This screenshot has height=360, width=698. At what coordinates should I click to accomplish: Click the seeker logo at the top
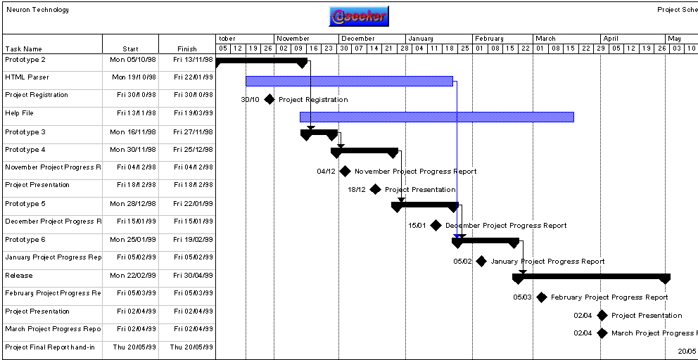[x=358, y=16]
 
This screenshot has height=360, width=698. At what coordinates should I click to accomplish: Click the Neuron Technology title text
[x=38, y=10]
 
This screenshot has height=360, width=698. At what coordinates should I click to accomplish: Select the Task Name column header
[x=24, y=49]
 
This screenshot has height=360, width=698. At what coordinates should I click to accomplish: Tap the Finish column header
[x=187, y=49]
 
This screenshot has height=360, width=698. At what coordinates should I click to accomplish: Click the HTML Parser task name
[x=27, y=77]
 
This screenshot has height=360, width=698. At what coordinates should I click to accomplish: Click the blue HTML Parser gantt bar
[x=349, y=81]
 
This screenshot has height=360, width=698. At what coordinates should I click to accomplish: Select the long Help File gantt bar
[x=436, y=117]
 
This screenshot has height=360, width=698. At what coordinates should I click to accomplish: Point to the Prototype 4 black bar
[x=364, y=150]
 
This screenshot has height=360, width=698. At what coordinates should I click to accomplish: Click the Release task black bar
[x=591, y=277]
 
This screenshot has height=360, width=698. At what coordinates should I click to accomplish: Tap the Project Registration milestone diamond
[x=269, y=99]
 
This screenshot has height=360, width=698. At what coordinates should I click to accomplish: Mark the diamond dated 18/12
[x=376, y=189]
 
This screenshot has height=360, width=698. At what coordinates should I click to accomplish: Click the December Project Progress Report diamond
[x=436, y=226]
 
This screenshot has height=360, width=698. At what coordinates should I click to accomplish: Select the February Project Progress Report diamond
[x=542, y=297]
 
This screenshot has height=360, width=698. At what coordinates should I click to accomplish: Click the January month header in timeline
[x=421, y=39]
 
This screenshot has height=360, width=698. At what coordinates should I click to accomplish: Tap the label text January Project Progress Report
[x=547, y=262]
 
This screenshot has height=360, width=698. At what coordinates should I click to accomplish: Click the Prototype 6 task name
[x=25, y=240]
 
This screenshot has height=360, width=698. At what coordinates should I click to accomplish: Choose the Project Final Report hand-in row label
[x=50, y=347]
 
